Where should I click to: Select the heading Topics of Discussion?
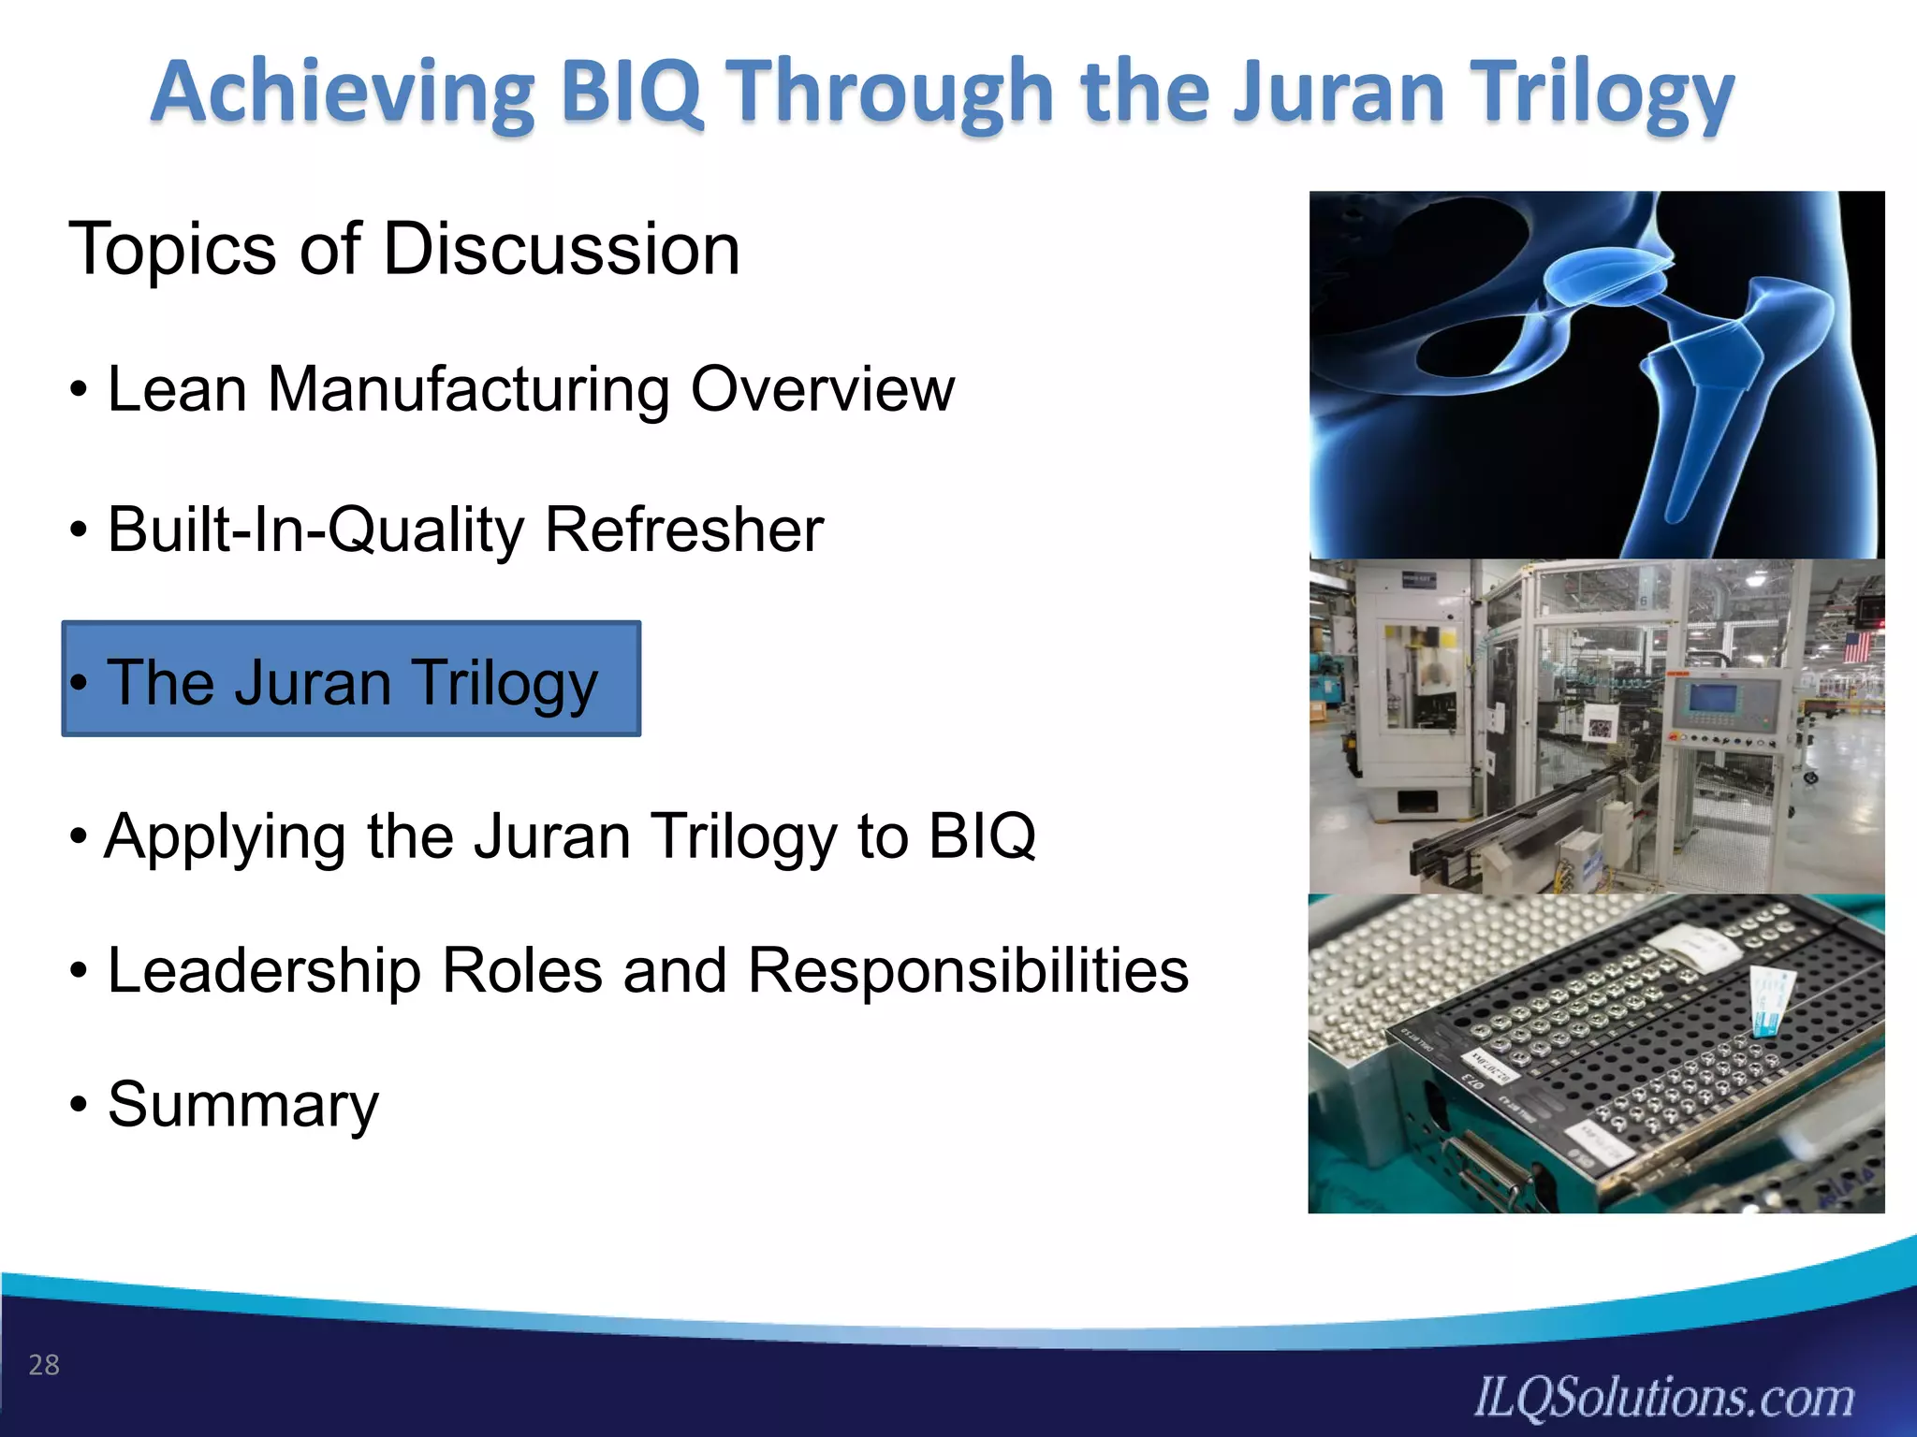403,250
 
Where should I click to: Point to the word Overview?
823,389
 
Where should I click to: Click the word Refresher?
684,530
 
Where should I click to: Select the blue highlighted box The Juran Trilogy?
351,679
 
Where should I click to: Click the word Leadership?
264,971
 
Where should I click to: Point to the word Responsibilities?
968,971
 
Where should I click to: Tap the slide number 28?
44,1365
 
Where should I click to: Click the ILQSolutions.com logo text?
1663,1398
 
